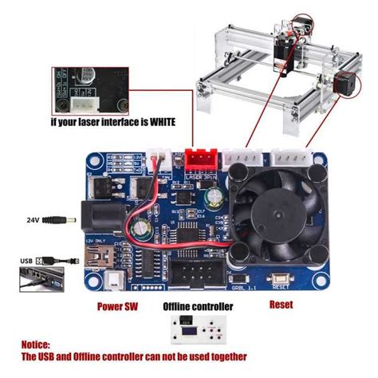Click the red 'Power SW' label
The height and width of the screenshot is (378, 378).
point(116,305)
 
